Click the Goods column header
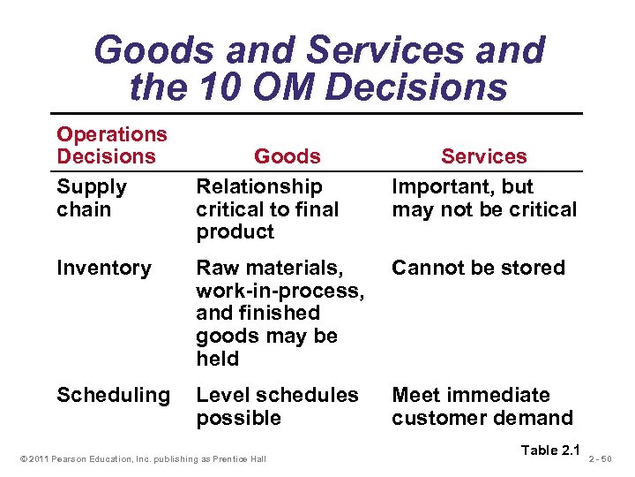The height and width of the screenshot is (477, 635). pyautogui.click(x=287, y=156)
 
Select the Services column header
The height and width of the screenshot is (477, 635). pyautogui.click(x=483, y=156)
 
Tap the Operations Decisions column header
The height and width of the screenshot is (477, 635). pyautogui.click(x=111, y=146)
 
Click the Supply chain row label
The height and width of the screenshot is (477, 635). pyautogui.click(x=92, y=198)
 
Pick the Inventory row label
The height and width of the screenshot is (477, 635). pyautogui.click(x=103, y=268)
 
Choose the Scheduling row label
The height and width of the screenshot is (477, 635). pyautogui.click(x=113, y=395)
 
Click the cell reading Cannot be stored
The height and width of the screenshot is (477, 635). pyautogui.click(x=478, y=268)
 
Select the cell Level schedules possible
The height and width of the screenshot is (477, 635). pyautogui.click(x=277, y=406)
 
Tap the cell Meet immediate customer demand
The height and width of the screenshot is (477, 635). pyautogui.click(x=482, y=406)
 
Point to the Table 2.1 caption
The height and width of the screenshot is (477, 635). pyautogui.click(x=551, y=450)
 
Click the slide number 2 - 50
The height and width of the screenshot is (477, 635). pyautogui.click(x=612, y=458)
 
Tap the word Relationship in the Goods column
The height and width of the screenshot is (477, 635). pyautogui.click(x=259, y=186)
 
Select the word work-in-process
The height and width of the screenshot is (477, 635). pyautogui.click(x=280, y=291)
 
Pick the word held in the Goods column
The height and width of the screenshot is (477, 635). pyautogui.click(x=217, y=359)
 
